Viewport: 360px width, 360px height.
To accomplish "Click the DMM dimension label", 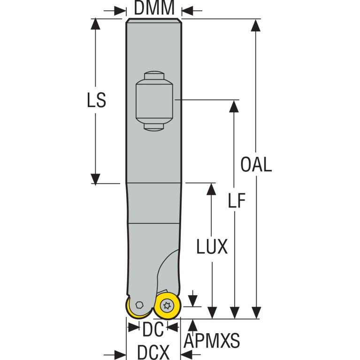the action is click(154, 8).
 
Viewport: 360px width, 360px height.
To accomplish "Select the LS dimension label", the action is click(96, 100).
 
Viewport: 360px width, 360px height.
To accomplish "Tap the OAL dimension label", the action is click(256, 164).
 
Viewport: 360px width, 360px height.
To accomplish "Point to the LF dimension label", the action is click(237, 200).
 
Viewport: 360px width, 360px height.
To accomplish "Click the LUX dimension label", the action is click(212, 246).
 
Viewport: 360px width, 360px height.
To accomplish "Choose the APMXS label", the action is click(212, 341).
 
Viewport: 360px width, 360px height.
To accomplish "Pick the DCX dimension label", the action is click(153, 352).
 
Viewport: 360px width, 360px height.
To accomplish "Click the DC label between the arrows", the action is click(153, 329).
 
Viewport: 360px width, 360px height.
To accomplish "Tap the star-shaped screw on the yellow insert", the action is click(167, 306).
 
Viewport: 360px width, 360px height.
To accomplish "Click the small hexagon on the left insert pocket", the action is click(139, 305).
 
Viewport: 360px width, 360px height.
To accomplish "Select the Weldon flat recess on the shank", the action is click(154, 101).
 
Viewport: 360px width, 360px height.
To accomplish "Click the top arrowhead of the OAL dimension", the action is click(255, 25).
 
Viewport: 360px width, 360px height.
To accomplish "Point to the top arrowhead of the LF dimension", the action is click(234, 106).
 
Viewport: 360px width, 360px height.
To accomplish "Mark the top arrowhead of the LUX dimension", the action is click(211, 189).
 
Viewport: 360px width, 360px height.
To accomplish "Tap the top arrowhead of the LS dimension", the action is click(95, 24).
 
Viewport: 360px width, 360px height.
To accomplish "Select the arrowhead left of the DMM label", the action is click(120, 11).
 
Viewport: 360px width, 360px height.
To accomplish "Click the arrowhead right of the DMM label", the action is click(187, 11).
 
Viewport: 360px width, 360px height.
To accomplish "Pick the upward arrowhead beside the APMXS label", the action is click(193, 325).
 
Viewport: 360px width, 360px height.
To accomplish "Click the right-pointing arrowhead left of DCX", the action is click(120, 355).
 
